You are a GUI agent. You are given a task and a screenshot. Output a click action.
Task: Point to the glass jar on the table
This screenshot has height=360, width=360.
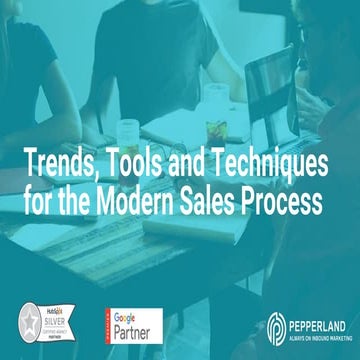(x=127, y=133)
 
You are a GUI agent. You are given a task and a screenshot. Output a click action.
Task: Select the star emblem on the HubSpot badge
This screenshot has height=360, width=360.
(x=31, y=324)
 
